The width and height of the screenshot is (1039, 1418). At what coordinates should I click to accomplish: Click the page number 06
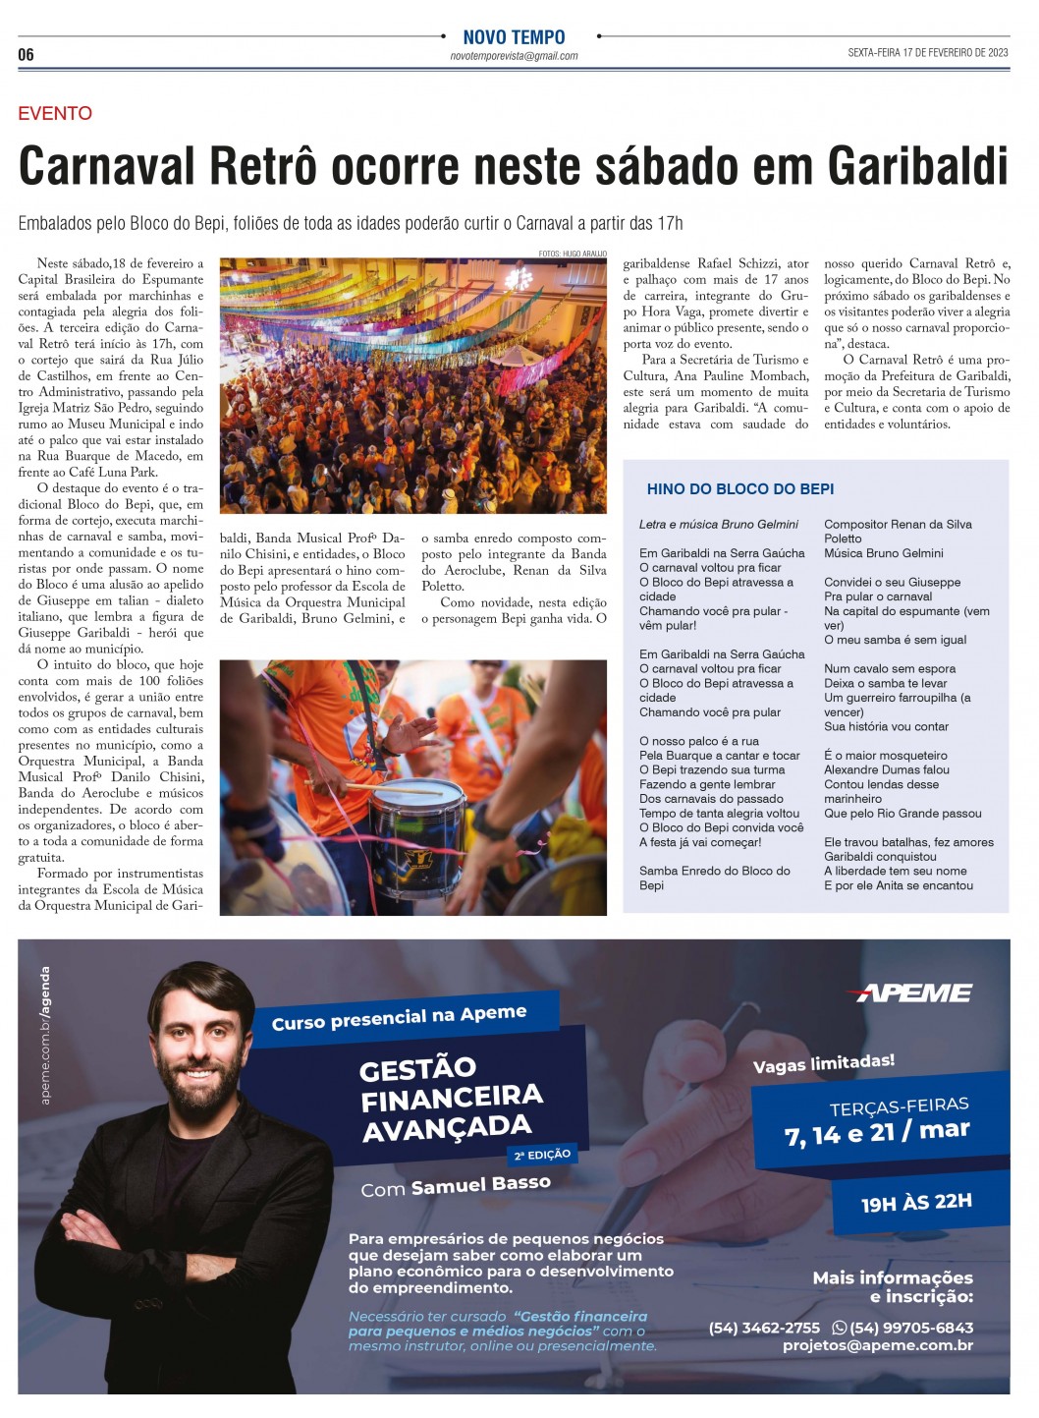pyautogui.click(x=26, y=54)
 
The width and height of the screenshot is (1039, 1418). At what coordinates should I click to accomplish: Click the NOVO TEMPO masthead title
pyautogui.click(x=514, y=37)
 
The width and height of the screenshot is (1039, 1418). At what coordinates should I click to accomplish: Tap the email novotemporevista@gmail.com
pyautogui.click(x=514, y=56)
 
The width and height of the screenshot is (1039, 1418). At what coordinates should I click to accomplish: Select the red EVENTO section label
pyautogui.click(x=55, y=113)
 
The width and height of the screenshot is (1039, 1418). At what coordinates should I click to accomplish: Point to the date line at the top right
pyautogui.click(x=927, y=53)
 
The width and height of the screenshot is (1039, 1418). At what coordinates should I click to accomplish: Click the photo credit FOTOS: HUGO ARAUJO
pyautogui.click(x=572, y=254)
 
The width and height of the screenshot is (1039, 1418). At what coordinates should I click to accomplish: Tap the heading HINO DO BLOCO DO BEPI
pyautogui.click(x=739, y=488)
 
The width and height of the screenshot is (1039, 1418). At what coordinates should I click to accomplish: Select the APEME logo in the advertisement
pyautogui.click(x=913, y=993)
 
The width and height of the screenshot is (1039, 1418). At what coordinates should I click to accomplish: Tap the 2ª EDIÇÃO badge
pyautogui.click(x=541, y=1155)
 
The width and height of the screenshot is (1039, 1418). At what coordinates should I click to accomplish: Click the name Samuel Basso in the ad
pyautogui.click(x=480, y=1184)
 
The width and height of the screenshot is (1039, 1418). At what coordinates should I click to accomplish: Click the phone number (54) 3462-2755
pyautogui.click(x=763, y=1328)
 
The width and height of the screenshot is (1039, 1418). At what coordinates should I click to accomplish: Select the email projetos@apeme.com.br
pyautogui.click(x=877, y=1345)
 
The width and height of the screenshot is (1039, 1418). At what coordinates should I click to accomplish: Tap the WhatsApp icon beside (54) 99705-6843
pyautogui.click(x=839, y=1328)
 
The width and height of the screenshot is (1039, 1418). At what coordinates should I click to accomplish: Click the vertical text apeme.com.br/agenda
pyautogui.click(x=45, y=1035)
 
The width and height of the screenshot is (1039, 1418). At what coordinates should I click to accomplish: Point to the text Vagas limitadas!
pyautogui.click(x=823, y=1063)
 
